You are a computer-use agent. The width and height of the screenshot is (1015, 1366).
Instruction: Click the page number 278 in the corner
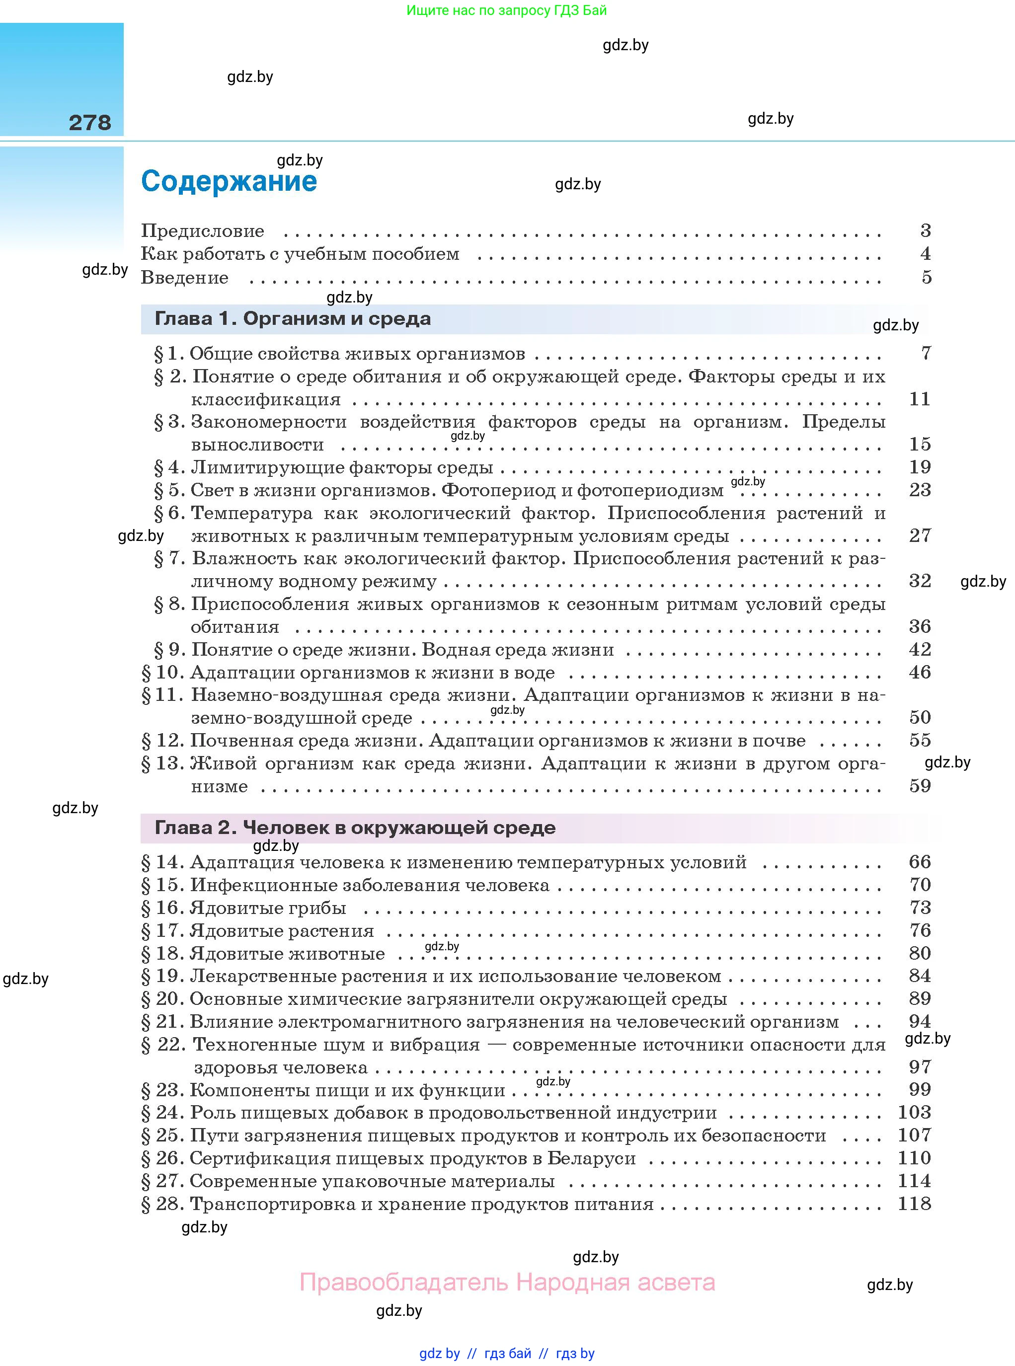pyautogui.click(x=90, y=123)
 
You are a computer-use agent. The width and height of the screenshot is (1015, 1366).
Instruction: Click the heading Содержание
pyautogui.click(x=229, y=182)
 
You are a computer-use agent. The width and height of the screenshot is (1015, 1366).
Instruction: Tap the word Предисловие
pyautogui.click(x=203, y=231)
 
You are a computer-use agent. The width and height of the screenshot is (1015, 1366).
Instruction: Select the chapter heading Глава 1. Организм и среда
pyautogui.click(x=293, y=319)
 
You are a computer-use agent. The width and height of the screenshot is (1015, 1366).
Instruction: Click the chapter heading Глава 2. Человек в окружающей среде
pyautogui.click(x=355, y=828)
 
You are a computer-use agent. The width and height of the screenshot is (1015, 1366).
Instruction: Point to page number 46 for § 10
pyautogui.click(x=920, y=672)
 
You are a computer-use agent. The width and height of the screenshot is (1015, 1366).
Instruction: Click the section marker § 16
pyautogui.click(x=163, y=908)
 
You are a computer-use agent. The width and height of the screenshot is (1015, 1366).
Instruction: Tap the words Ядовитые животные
pyautogui.click(x=288, y=953)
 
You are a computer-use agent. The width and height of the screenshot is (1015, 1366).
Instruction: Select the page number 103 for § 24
pyautogui.click(x=914, y=1112)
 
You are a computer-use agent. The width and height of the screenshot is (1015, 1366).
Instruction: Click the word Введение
pyautogui.click(x=184, y=278)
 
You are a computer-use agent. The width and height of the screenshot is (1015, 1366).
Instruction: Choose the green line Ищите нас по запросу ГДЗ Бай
pyautogui.click(x=506, y=10)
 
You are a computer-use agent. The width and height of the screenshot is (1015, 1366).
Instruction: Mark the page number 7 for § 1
pyautogui.click(x=926, y=353)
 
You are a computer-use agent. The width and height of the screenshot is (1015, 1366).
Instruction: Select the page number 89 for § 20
pyautogui.click(x=920, y=999)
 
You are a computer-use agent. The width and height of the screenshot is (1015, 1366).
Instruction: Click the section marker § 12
pyautogui.click(x=163, y=741)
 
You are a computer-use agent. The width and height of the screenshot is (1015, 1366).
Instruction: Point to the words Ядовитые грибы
pyautogui.click(x=268, y=908)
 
